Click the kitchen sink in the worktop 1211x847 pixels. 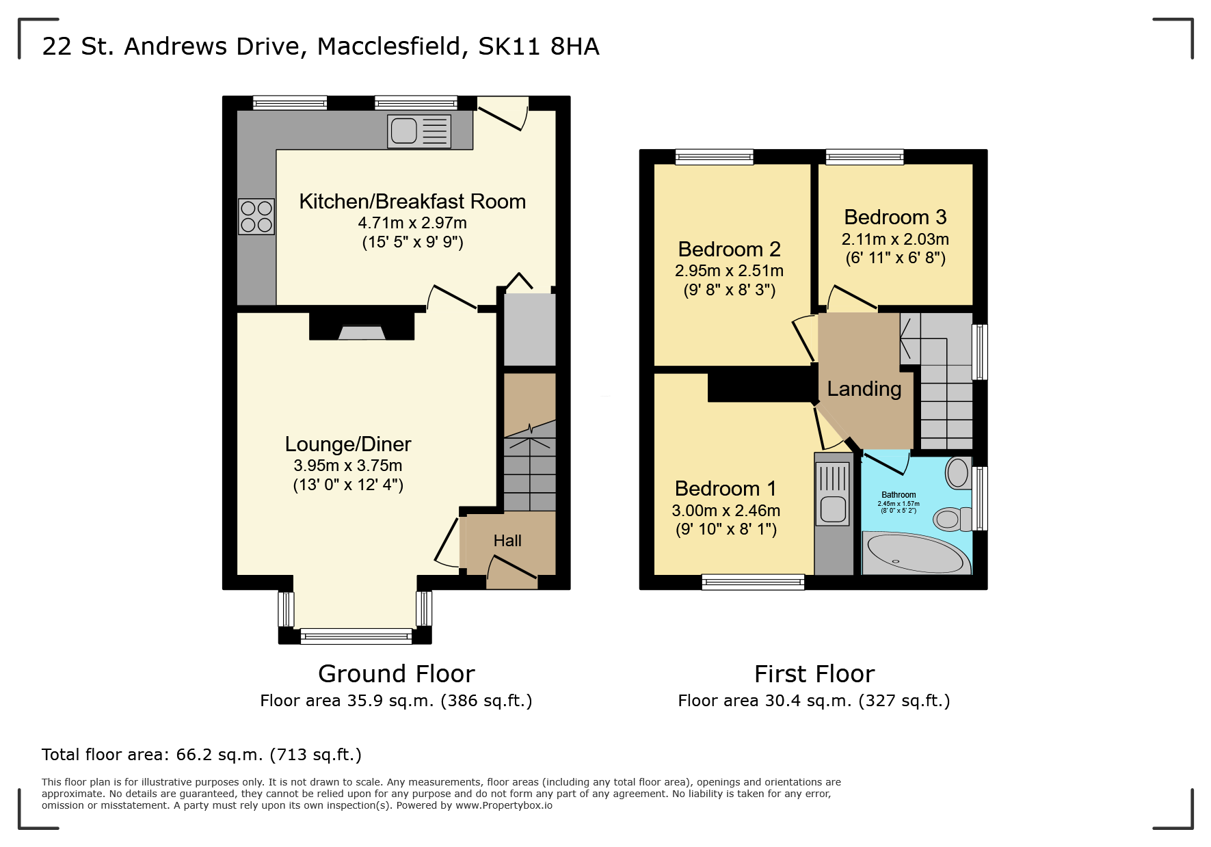click(418, 131)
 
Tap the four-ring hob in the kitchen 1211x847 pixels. click(256, 216)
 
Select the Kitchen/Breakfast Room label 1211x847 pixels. click(412, 202)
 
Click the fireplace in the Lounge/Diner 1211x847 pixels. click(362, 332)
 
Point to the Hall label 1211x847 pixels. click(507, 541)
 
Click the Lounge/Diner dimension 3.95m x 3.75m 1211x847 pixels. click(347, 466)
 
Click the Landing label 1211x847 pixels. click(864, 389)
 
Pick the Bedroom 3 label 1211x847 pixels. click(895, 217)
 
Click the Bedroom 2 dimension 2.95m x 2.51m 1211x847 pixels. click(729, 271)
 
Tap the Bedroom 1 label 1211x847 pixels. click(726, 489)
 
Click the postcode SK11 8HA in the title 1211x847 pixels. click(538, 46)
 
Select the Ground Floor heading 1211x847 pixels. click(396, 674)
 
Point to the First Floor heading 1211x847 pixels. click(814, 674)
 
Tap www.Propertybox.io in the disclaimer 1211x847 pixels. click(504, 805)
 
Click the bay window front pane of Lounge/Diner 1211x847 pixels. click(356, 636)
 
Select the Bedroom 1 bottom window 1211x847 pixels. click(753, 582)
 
